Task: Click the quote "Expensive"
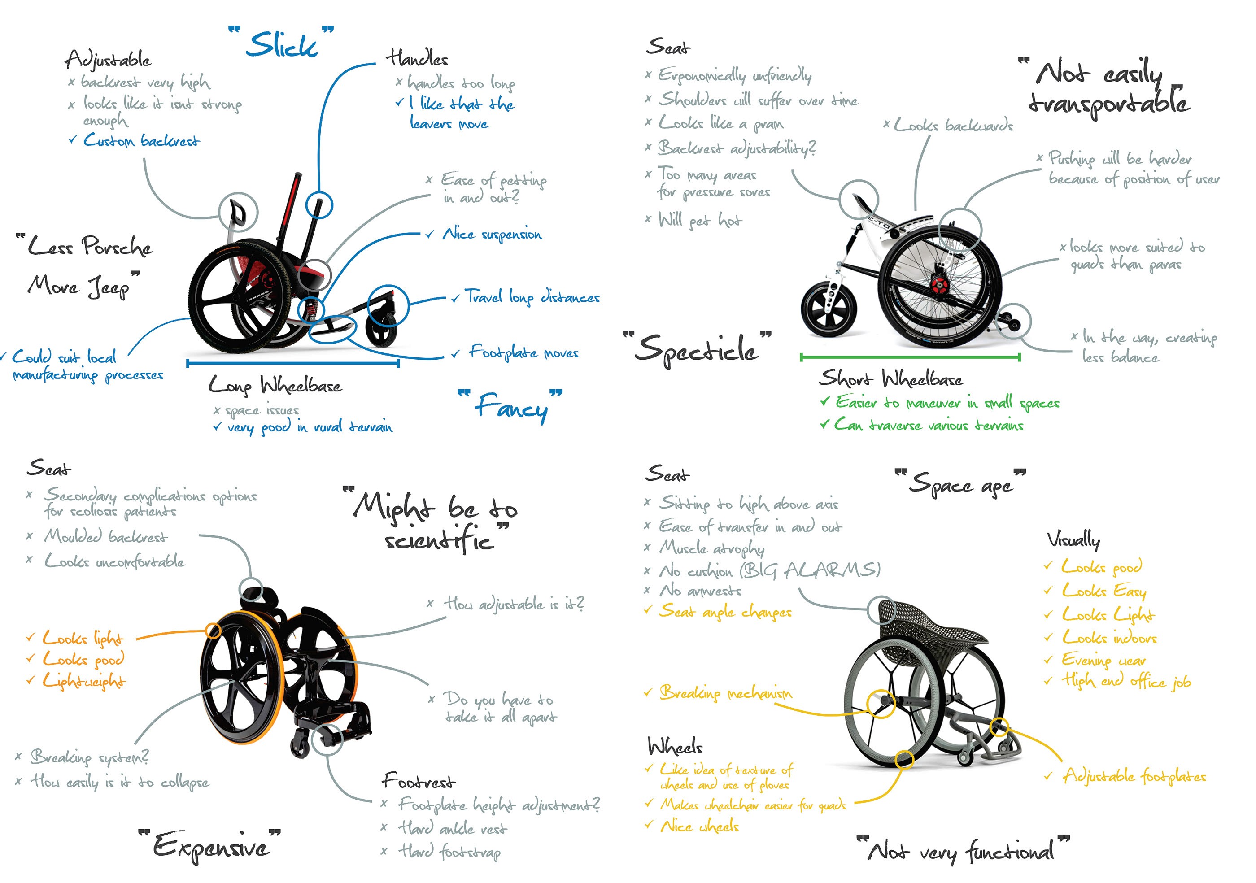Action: pyautogui.click(x=211, y=846)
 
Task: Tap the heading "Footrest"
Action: pyautogui.click(x=419, y=781)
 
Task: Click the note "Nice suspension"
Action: pyautogui.click(x=491, y=235)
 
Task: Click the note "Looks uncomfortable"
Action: pyautogui.click(x=114, y=561)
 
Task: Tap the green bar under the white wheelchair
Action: pyautogui.click(x=910, y=357)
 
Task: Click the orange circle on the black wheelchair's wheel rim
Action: pyautogui.click(x=214, y=631)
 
